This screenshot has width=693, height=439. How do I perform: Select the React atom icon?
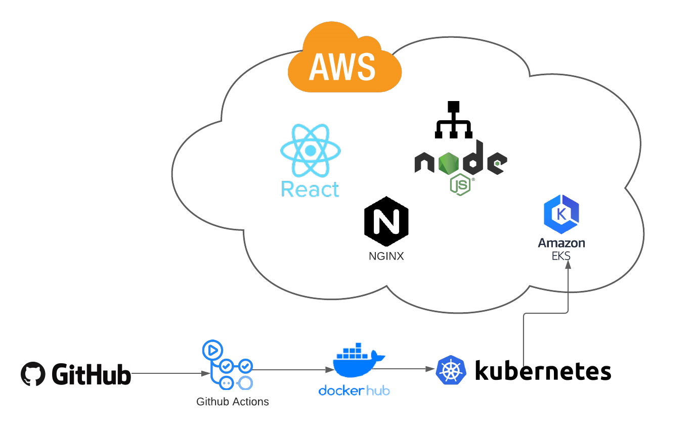(310, 151)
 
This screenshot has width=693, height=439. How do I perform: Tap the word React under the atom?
(310, 189)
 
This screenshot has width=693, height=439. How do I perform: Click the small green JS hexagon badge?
(460, 185)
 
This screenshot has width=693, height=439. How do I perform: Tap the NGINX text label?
(386, 256)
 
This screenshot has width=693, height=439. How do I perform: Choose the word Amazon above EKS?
(561, 243)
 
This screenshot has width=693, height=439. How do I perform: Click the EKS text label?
(561, 256)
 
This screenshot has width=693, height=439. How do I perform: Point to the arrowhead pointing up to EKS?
(568, 267)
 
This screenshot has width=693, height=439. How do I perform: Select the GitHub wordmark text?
(91, 374)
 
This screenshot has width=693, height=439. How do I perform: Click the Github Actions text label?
(233, 402)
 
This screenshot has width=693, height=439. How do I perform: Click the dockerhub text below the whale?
(355, 391)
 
